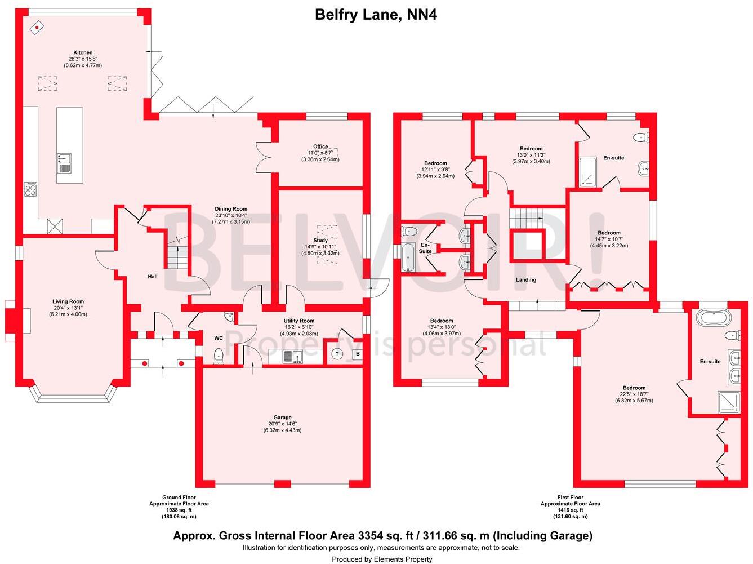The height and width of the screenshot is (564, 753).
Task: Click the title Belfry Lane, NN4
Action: (376, 15)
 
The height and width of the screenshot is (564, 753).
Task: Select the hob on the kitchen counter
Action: (30, 189)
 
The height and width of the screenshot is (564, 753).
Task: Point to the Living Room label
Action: (68, 301)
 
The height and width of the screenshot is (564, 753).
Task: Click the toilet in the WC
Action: (219, 355)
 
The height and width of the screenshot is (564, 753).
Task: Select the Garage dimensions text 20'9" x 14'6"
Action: (282, 424)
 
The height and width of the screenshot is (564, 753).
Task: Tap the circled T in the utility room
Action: (337, 354)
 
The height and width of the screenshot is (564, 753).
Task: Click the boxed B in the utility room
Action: (357, 354)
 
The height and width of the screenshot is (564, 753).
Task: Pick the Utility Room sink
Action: (292, 356)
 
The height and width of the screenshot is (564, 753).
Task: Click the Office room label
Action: (320, 146)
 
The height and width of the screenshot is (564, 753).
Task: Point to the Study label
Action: (320, 241)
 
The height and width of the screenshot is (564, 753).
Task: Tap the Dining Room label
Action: (231, 209)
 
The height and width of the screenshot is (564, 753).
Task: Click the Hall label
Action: (153, 277)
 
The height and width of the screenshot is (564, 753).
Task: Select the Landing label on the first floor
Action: (526, 279)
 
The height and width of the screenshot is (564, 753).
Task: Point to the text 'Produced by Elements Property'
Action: (382, 559)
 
